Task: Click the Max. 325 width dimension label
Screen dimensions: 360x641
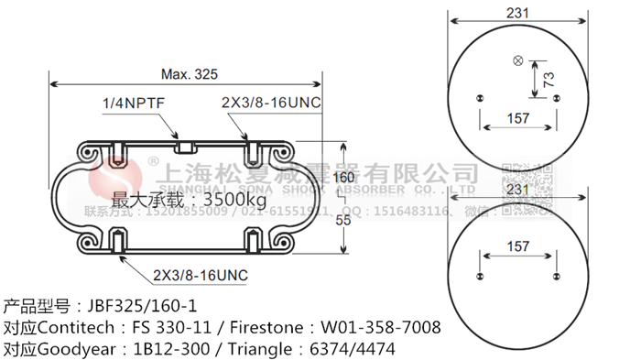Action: tap(191, 74)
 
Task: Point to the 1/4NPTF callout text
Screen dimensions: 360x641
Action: tap(133, 104)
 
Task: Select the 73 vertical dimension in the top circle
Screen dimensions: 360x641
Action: tap(549, 80)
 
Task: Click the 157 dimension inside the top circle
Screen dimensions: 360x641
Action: tap(519, 118)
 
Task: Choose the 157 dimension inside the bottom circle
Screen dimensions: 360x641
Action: tap(519, 246)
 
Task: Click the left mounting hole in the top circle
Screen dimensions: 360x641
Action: tap(480, 97)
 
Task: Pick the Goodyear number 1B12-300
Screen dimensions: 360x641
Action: tap(170, 349)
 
